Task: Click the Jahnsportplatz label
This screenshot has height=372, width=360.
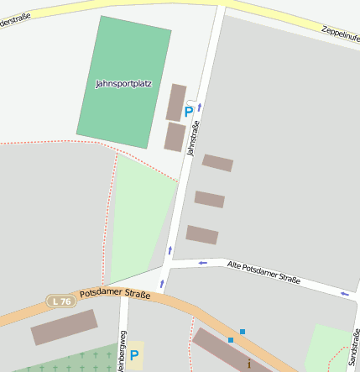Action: point(124,84)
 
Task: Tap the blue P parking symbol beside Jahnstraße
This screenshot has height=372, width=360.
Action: point(189,111)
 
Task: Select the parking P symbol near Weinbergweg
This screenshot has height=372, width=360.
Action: point(133,355)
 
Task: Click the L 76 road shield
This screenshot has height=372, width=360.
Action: point(60,301)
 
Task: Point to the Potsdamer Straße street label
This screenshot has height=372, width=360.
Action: point(115,295)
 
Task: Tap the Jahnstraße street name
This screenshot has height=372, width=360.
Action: point(194,139)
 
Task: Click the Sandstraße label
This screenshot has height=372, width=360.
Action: point(353,346)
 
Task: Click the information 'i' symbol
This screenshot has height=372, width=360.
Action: point(248,364)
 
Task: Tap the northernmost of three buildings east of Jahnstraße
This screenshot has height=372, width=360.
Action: point(217,163)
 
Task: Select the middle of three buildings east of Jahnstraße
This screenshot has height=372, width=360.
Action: point(210,199)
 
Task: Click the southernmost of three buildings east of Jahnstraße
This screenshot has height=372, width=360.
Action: point(202,234)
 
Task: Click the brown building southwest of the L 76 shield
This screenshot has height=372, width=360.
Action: point(65,327)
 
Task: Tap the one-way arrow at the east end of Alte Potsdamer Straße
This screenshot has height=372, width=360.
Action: point(345,294)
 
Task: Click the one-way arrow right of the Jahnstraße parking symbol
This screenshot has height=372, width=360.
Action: point(200,107)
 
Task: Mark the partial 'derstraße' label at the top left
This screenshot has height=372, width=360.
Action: point(15,17)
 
